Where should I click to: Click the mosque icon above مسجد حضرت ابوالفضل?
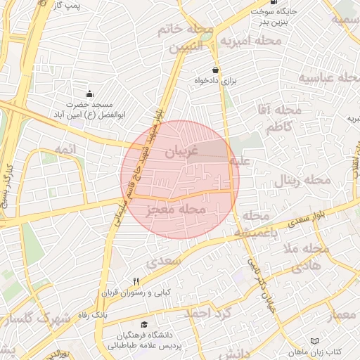coord(89,94)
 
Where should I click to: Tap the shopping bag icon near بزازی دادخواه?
coord(214,70)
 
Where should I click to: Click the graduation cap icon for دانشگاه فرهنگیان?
coord(144,325)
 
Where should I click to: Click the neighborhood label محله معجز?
coord(178,210)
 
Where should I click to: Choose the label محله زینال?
coord(302,179)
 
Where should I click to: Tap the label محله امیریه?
coord(250,41)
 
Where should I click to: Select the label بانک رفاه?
coord(94,316)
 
